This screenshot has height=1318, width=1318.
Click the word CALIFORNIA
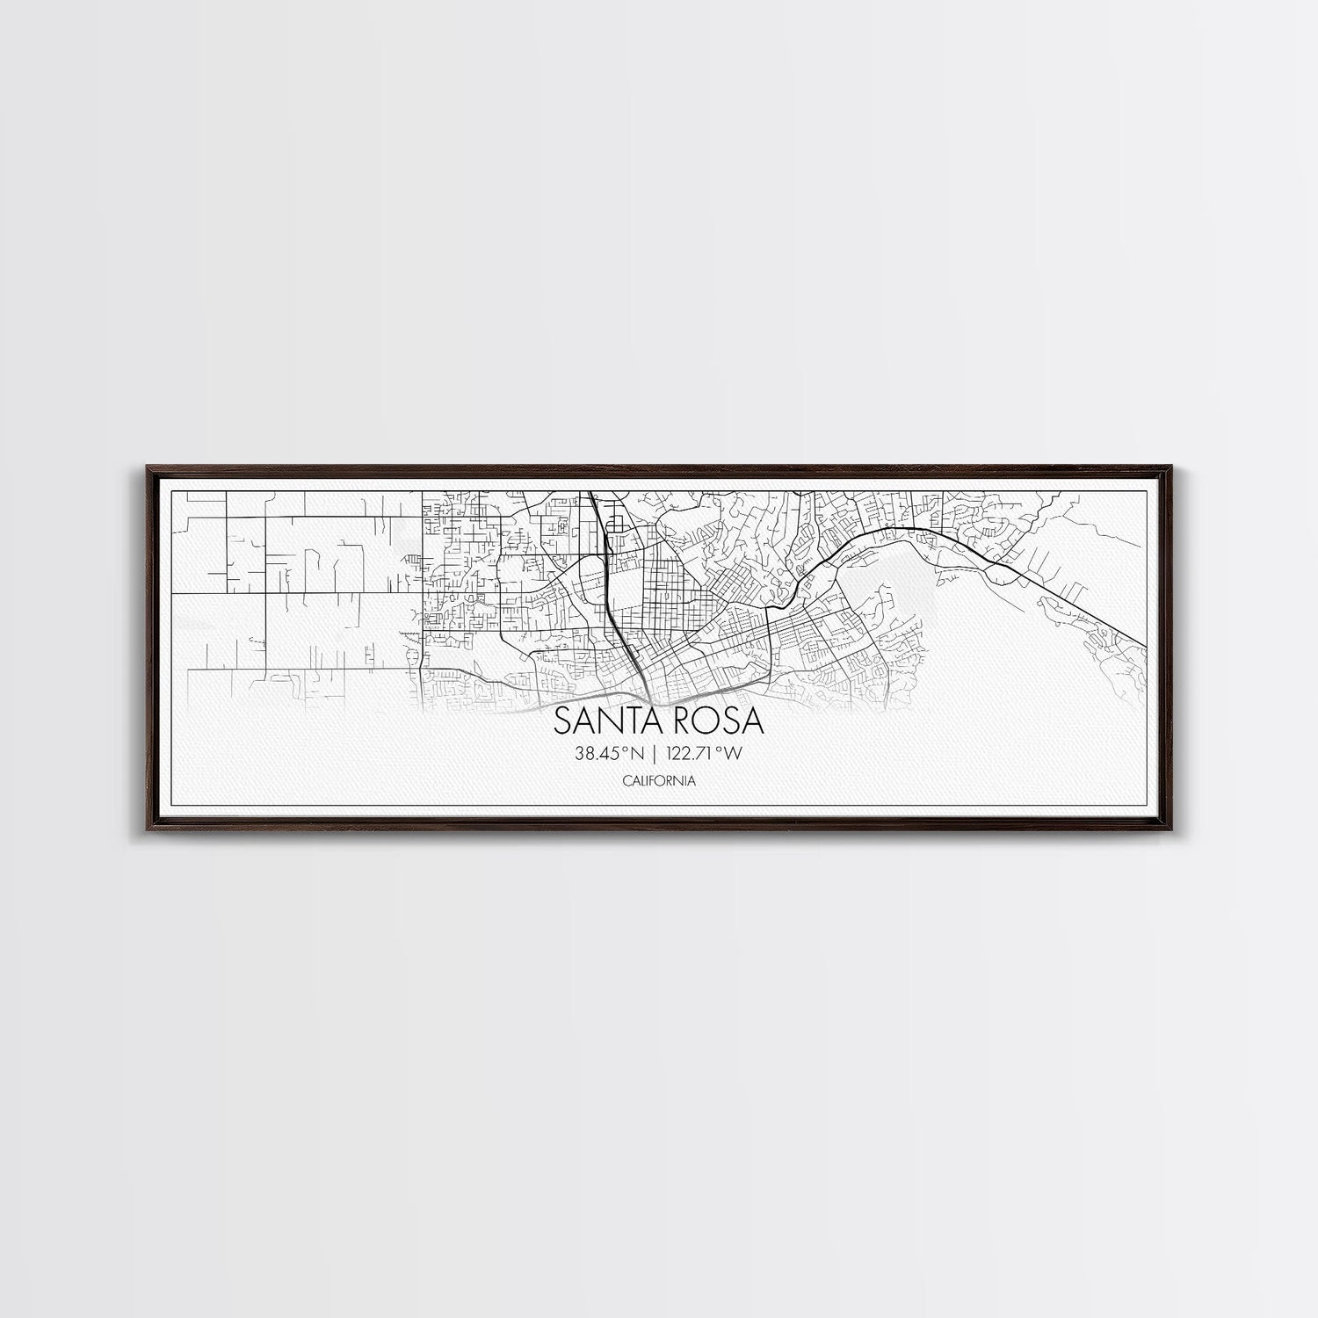tap(659, 780)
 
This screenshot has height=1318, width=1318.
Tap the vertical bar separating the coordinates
tap(655, 753)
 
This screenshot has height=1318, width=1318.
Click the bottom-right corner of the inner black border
tap(1151, 805)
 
